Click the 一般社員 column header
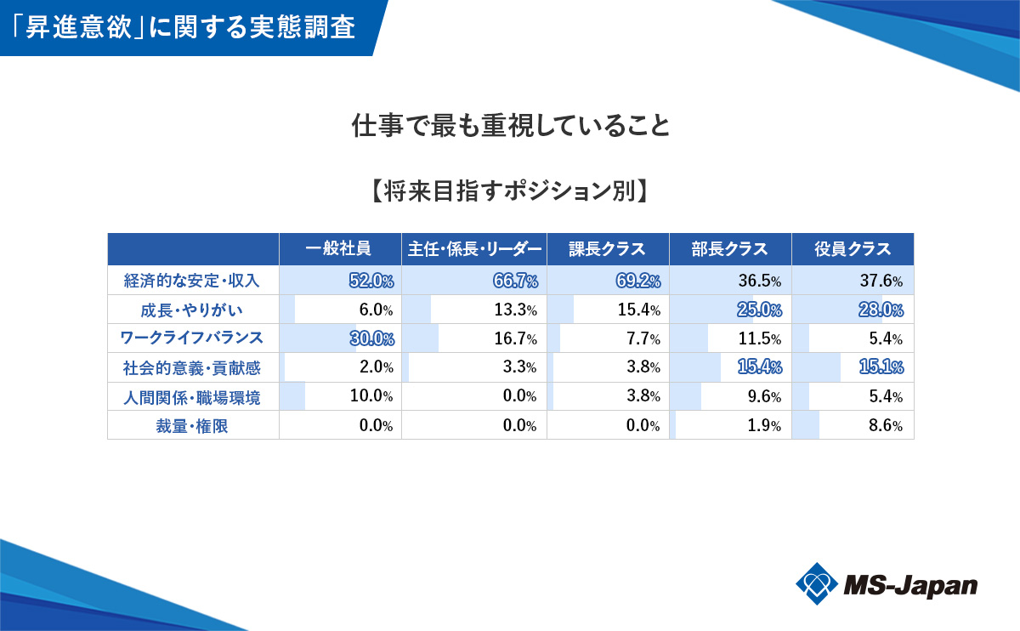pos(339,249)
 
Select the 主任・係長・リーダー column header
pos(474,249)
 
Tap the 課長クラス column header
pos(608,249)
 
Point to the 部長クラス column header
pos(730,249)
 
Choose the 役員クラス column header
pos(853,249)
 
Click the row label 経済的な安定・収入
pos(193,280)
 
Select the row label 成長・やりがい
pos(193,309)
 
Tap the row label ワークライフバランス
pos(193,338)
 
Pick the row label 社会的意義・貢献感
pos(193,367)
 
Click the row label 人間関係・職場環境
pos(193,396)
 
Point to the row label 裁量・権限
pos(193,425)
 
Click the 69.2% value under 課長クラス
pos(637,280)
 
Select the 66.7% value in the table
pos(514,280)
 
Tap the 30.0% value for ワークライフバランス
pos(371,338)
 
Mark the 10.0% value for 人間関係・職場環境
pos(371,396)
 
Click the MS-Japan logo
pos(887,584)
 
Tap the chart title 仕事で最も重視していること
pos(511,127)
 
